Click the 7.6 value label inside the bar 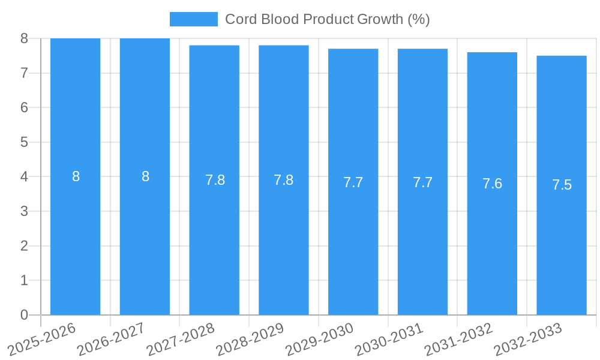pos(492,184)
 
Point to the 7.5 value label pos(562,185)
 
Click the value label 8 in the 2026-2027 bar pos(145,177)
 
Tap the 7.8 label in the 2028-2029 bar pos(283,180)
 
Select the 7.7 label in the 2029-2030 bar pos(353,182)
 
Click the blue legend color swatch pos(193,19)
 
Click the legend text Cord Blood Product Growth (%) pos(327,19)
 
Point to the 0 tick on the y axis pos(24,315)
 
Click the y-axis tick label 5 pos(24,142)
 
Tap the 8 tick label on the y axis pos(24,38)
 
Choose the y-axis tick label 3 pos(24,211)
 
